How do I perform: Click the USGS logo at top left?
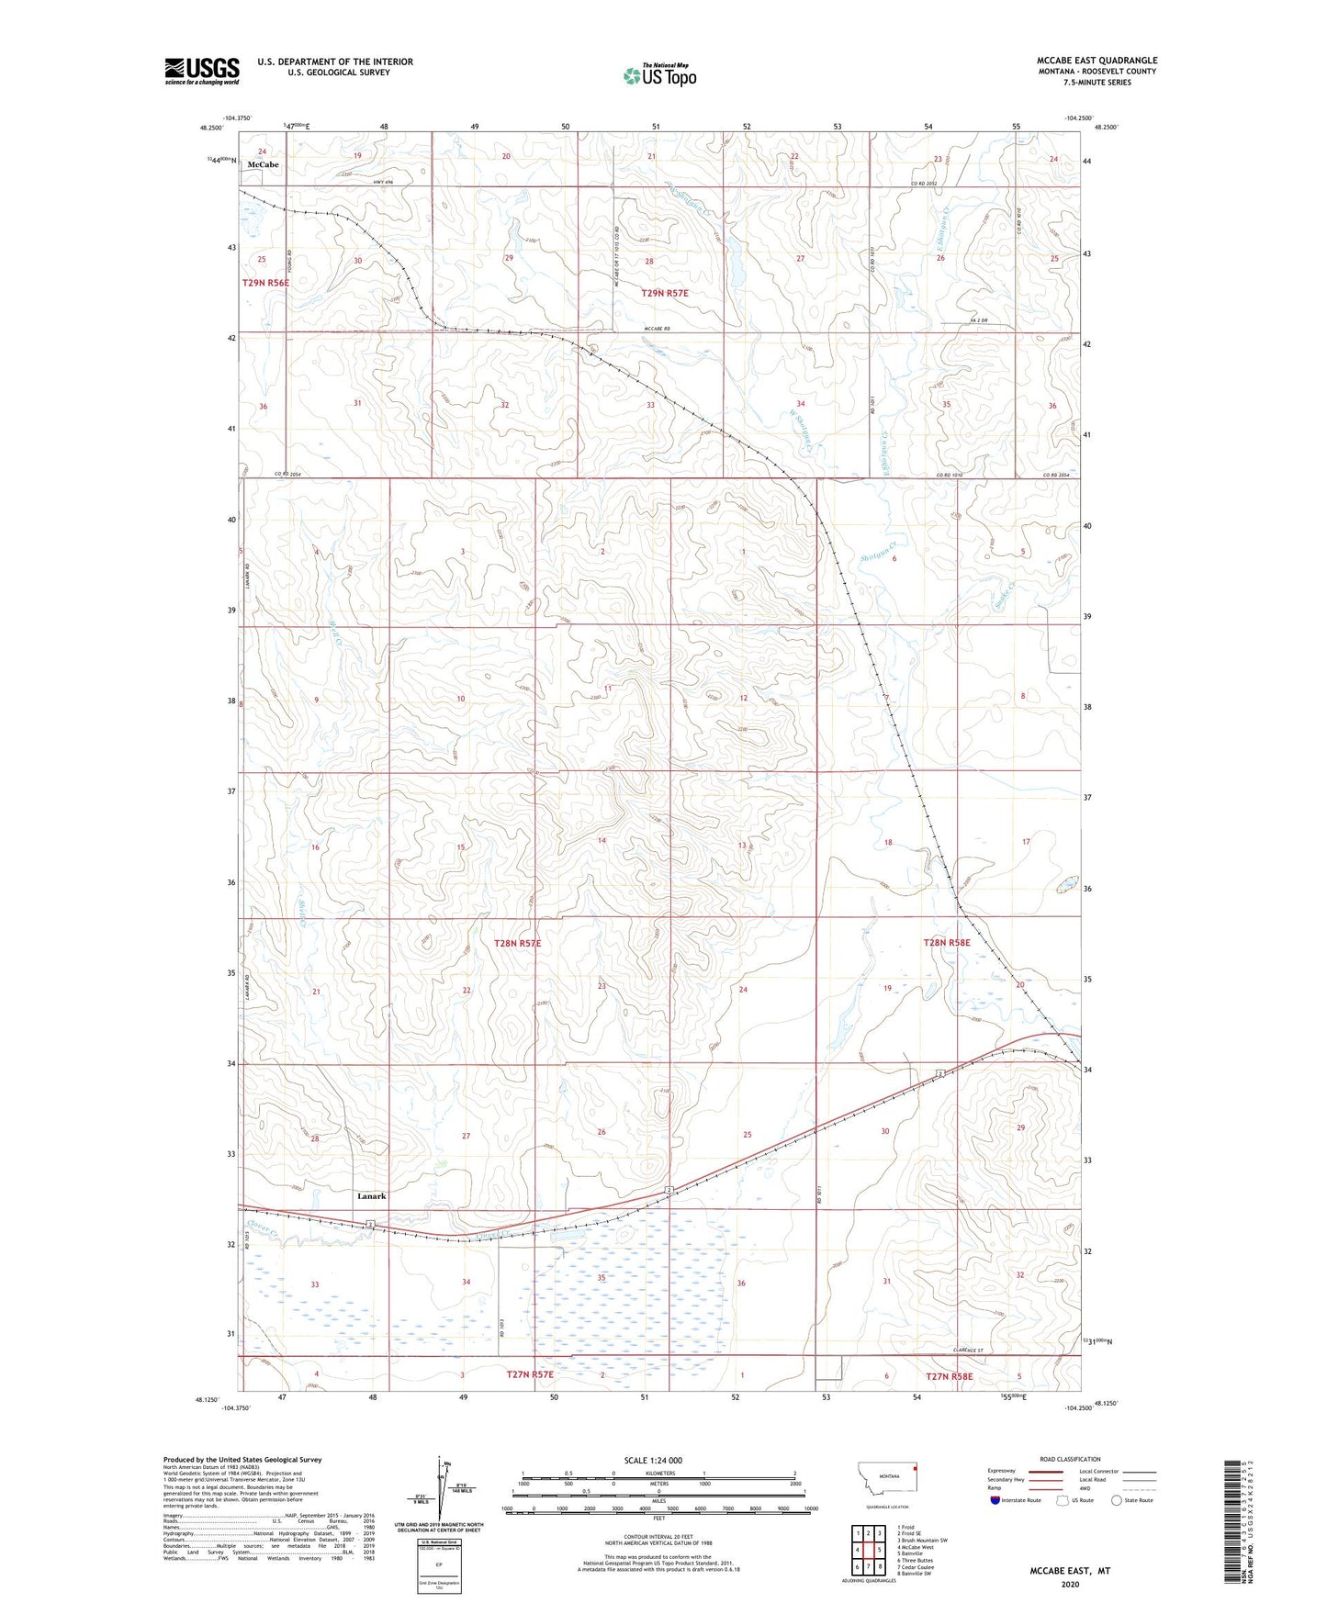[201, 70]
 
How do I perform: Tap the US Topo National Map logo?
[659, 75]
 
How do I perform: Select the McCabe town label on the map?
[263, 164]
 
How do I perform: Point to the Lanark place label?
[371, 1196]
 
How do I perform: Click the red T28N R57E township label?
[523, 943]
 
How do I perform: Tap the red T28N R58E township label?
[946, 943]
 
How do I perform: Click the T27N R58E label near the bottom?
[949, 1376]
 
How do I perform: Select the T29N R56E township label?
[266, 283]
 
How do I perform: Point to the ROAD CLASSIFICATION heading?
[1070, 1459]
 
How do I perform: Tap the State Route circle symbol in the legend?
[1117, 1500]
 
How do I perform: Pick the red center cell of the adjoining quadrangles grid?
[868, 1549]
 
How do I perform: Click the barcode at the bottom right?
[1235, 1524]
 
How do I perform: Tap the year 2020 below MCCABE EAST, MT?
[1070, 1584]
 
